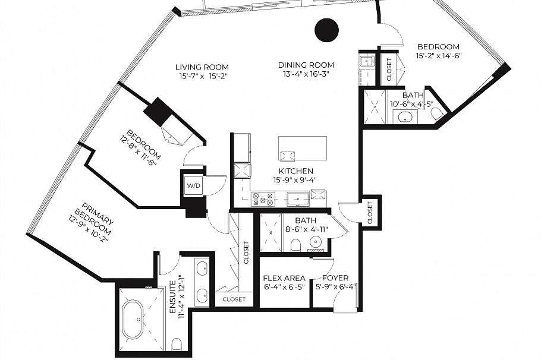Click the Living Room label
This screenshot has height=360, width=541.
(x=202, y=67)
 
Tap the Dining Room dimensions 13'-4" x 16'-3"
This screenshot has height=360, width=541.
(x=306, y=74)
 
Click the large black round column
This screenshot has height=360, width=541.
(x=326, y=30)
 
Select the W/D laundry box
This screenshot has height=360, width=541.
(x=193, y=185)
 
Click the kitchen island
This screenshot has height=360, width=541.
(x=303, y=148)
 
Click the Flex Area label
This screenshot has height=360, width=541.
(x=284, y=278)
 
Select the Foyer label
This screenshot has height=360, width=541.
(x=335, y=278)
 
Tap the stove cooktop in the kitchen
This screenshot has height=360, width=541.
(x=262, y=198)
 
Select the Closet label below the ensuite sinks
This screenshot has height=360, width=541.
(x=234, y=299)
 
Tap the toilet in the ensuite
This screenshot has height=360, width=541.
(x=177, y=343)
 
